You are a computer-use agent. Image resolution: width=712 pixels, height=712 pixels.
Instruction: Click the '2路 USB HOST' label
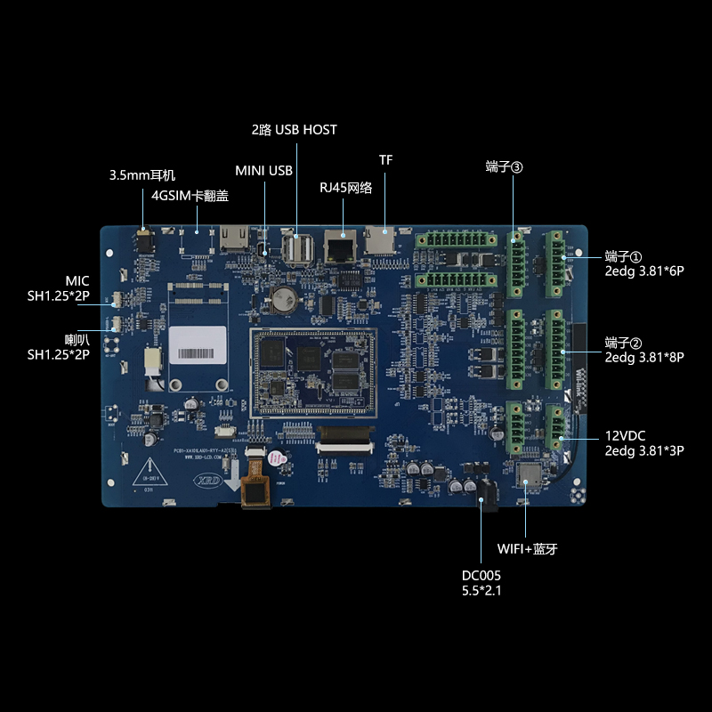coord(294,130)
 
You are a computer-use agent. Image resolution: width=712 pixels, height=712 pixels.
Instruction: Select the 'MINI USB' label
coord(263,171)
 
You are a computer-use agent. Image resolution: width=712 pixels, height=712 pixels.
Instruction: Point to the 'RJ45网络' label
coord(345,188)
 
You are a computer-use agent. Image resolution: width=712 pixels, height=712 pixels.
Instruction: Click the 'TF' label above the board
coord(385,160)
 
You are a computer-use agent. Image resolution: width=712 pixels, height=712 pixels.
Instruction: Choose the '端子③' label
coord(504,166)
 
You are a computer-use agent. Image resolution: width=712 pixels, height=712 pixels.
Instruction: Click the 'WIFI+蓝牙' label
coord(526,548)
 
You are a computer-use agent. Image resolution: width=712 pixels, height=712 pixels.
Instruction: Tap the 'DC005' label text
coord(481,575)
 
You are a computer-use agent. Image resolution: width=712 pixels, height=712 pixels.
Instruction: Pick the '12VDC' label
coord(625,435)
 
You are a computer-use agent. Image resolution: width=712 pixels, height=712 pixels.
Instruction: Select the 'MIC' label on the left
coord(77,281)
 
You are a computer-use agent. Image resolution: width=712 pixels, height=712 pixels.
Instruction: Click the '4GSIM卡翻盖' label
coord(190,196)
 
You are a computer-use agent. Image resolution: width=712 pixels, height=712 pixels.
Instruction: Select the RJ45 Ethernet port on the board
coord(338,245)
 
